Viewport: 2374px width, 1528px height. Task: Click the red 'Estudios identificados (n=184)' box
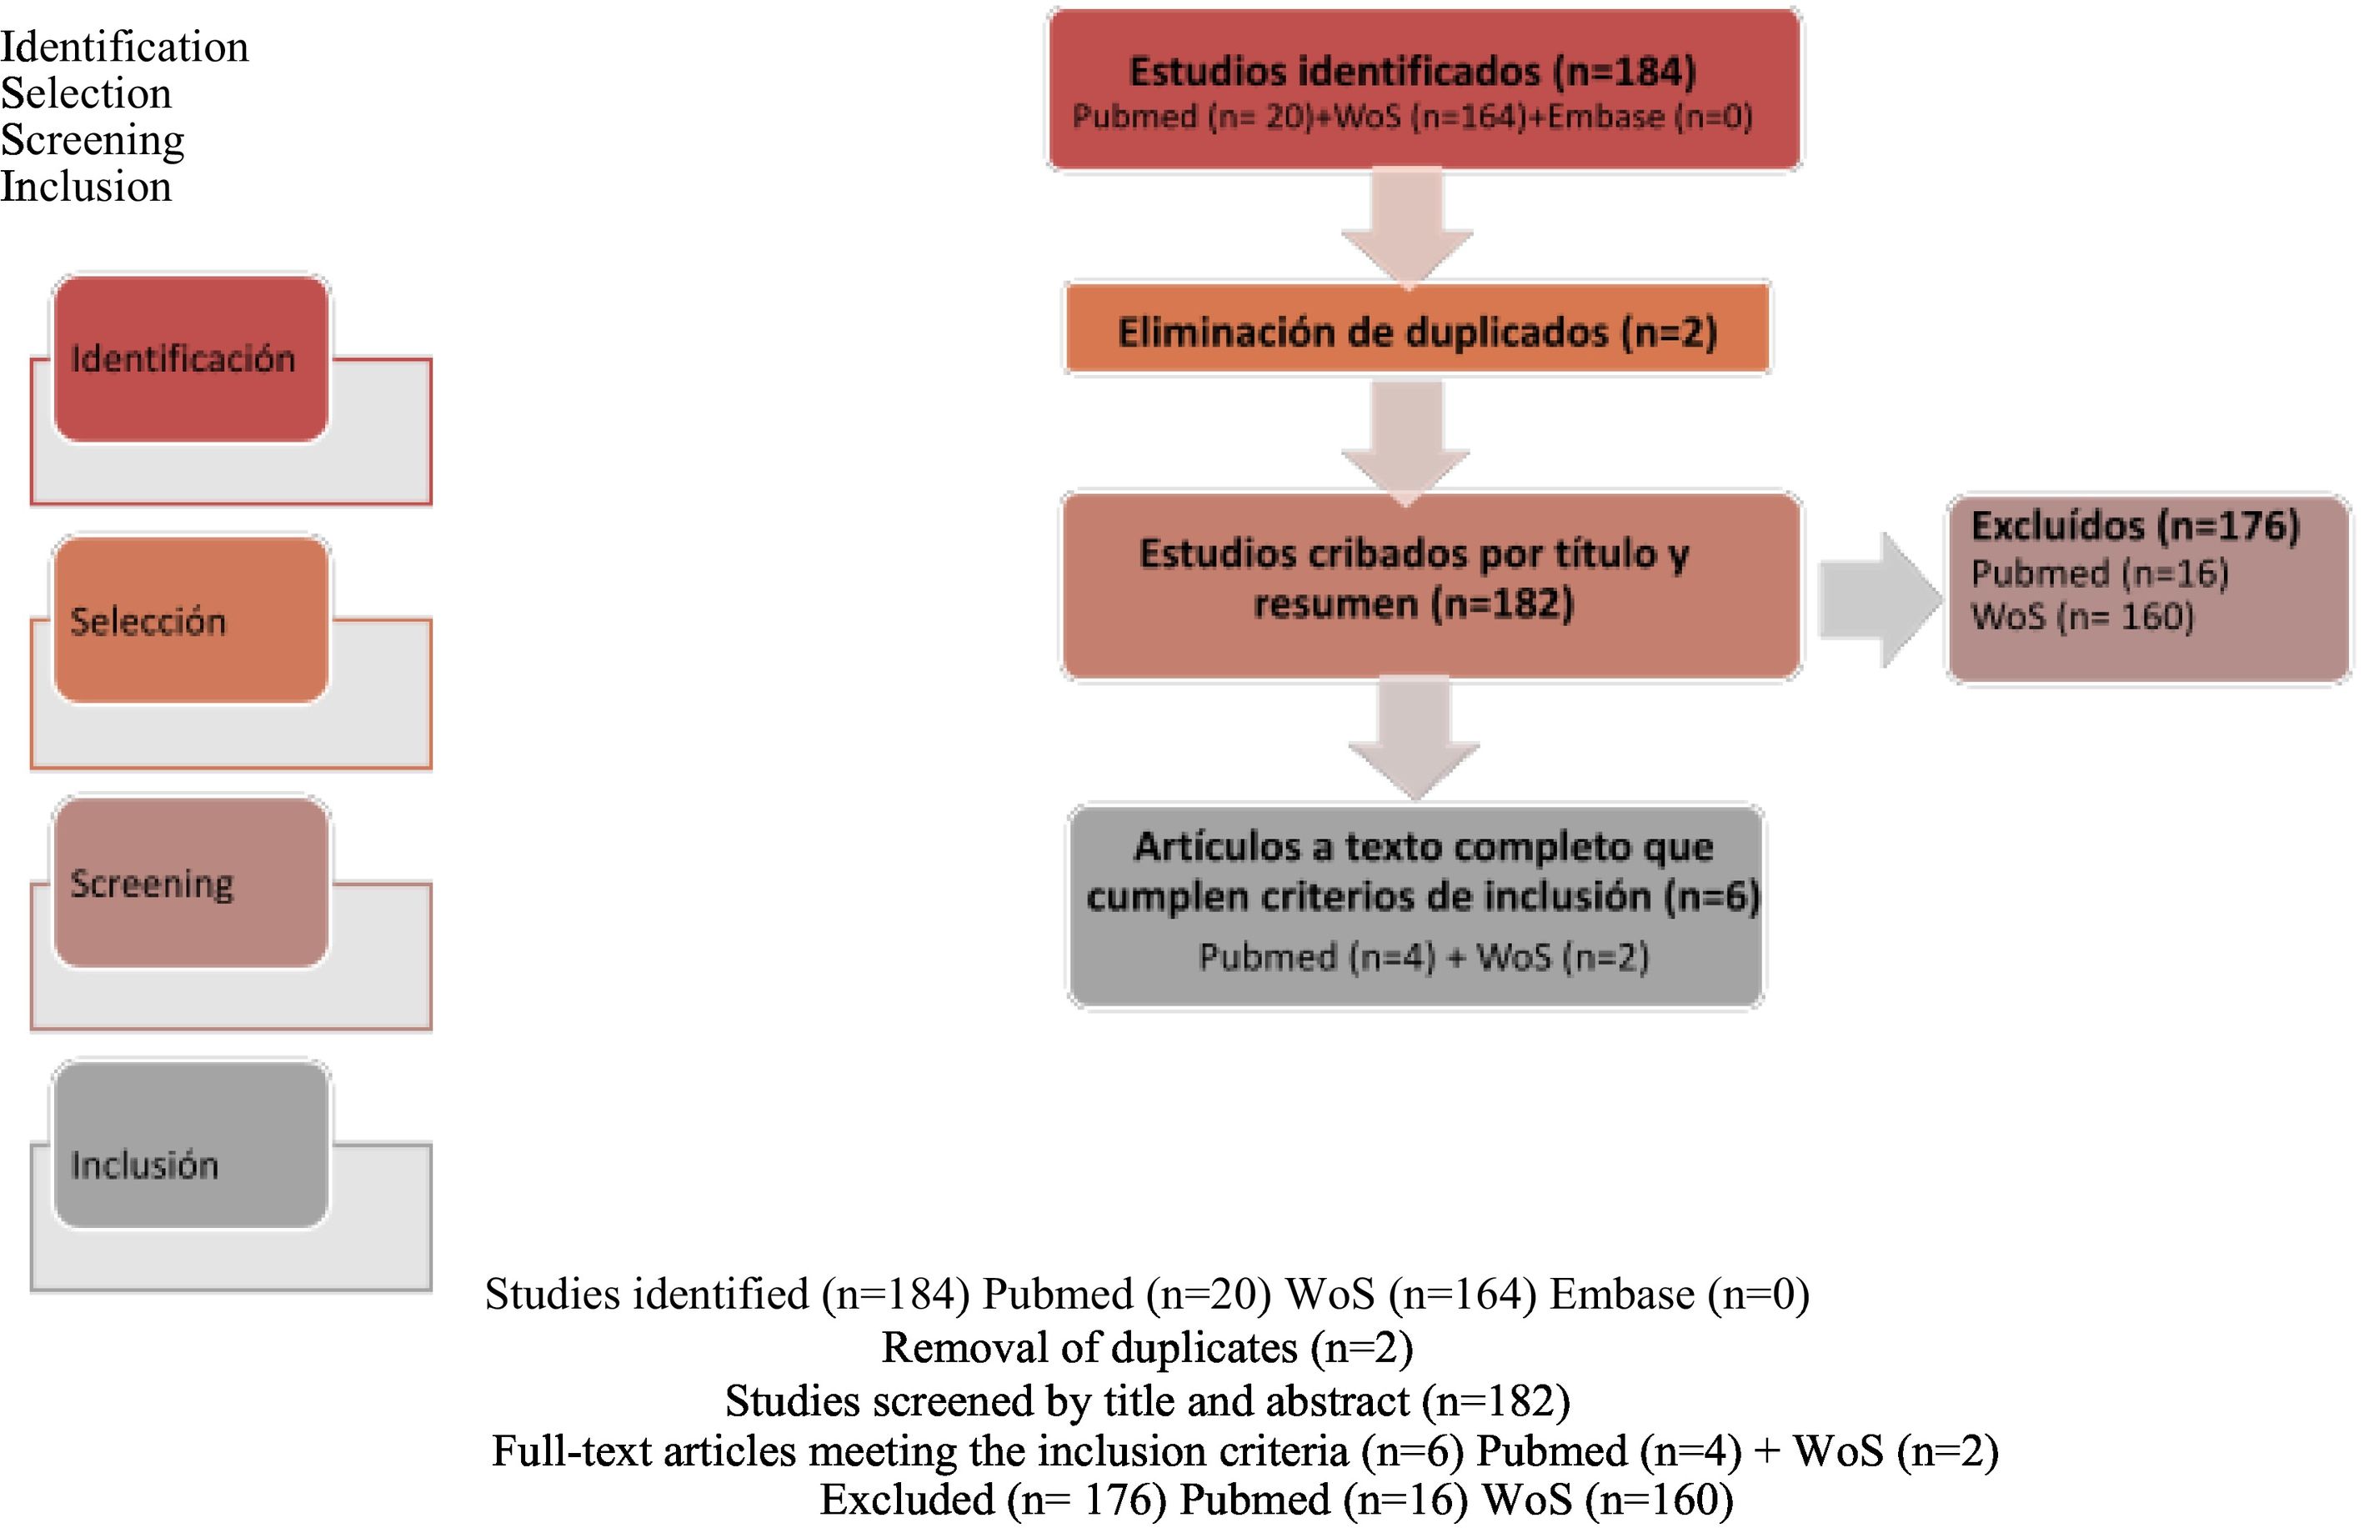[x=1424, y=89]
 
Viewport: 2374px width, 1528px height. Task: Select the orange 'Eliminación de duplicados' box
[x=1417, y=330]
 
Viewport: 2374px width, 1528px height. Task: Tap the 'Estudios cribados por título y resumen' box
[x=1430, y=585]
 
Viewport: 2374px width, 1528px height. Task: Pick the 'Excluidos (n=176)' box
[x=2148, y=589]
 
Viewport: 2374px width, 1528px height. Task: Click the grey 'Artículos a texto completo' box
[x=1415, y=905]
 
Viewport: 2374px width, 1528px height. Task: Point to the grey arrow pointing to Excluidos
[x=1877, y=599]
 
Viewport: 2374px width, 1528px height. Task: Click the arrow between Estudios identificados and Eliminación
[x=1407, y=226]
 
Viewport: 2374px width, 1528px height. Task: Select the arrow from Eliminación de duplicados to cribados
[x=1405, y=440]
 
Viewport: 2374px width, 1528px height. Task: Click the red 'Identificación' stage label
[x=191, y=358]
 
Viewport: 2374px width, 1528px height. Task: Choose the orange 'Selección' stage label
[x=191, y=620]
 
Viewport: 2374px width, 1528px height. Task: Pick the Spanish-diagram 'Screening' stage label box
[x=191, y=883]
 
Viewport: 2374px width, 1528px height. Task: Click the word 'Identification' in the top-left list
[x=124, y=47]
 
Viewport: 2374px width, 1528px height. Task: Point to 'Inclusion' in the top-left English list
[x=87, y=187]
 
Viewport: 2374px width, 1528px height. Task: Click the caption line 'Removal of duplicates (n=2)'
[x=1147, y=1347]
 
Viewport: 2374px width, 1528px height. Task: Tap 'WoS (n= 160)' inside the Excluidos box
[x=2081, y=617]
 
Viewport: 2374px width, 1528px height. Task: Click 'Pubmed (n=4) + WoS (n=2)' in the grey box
[x=1423, y=956]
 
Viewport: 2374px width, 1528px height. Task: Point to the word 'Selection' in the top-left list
[x=87, y=93]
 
